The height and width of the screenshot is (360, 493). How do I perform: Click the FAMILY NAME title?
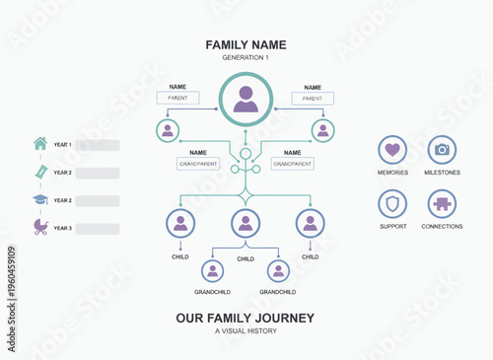pos(246,45)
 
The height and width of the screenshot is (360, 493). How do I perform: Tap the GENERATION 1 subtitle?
pos(246,58)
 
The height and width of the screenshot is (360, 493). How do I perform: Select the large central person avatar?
pos(246,100)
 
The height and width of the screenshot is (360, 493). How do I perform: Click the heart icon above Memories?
pos(392,150)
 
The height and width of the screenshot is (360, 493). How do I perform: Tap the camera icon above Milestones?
pos(442,150)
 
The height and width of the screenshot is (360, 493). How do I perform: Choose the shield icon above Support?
pos(392,204)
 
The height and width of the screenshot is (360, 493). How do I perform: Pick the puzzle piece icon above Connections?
pos(442,204)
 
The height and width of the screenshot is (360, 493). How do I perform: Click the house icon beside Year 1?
pos(40,144)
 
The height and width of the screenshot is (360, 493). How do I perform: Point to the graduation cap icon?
pos(40,199)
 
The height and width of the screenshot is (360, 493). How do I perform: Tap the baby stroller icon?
pos(40,227)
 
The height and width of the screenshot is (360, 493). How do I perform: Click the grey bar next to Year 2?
pos(97,173)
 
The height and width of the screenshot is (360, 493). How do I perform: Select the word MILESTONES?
pos(442,173)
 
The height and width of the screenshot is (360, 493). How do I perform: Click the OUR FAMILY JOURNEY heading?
pos(246,318)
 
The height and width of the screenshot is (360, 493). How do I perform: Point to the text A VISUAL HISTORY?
pos(246,330)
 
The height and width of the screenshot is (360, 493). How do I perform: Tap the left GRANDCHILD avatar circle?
pos(212,271)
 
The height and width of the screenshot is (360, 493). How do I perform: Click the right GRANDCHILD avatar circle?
pos(278,271)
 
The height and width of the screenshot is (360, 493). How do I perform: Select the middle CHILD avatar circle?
pos(246,223)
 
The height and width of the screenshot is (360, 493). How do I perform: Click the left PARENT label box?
pos(178,99)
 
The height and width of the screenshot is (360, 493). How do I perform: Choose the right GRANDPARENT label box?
pos(292,164)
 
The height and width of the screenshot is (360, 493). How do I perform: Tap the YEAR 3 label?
pos(63,228)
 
